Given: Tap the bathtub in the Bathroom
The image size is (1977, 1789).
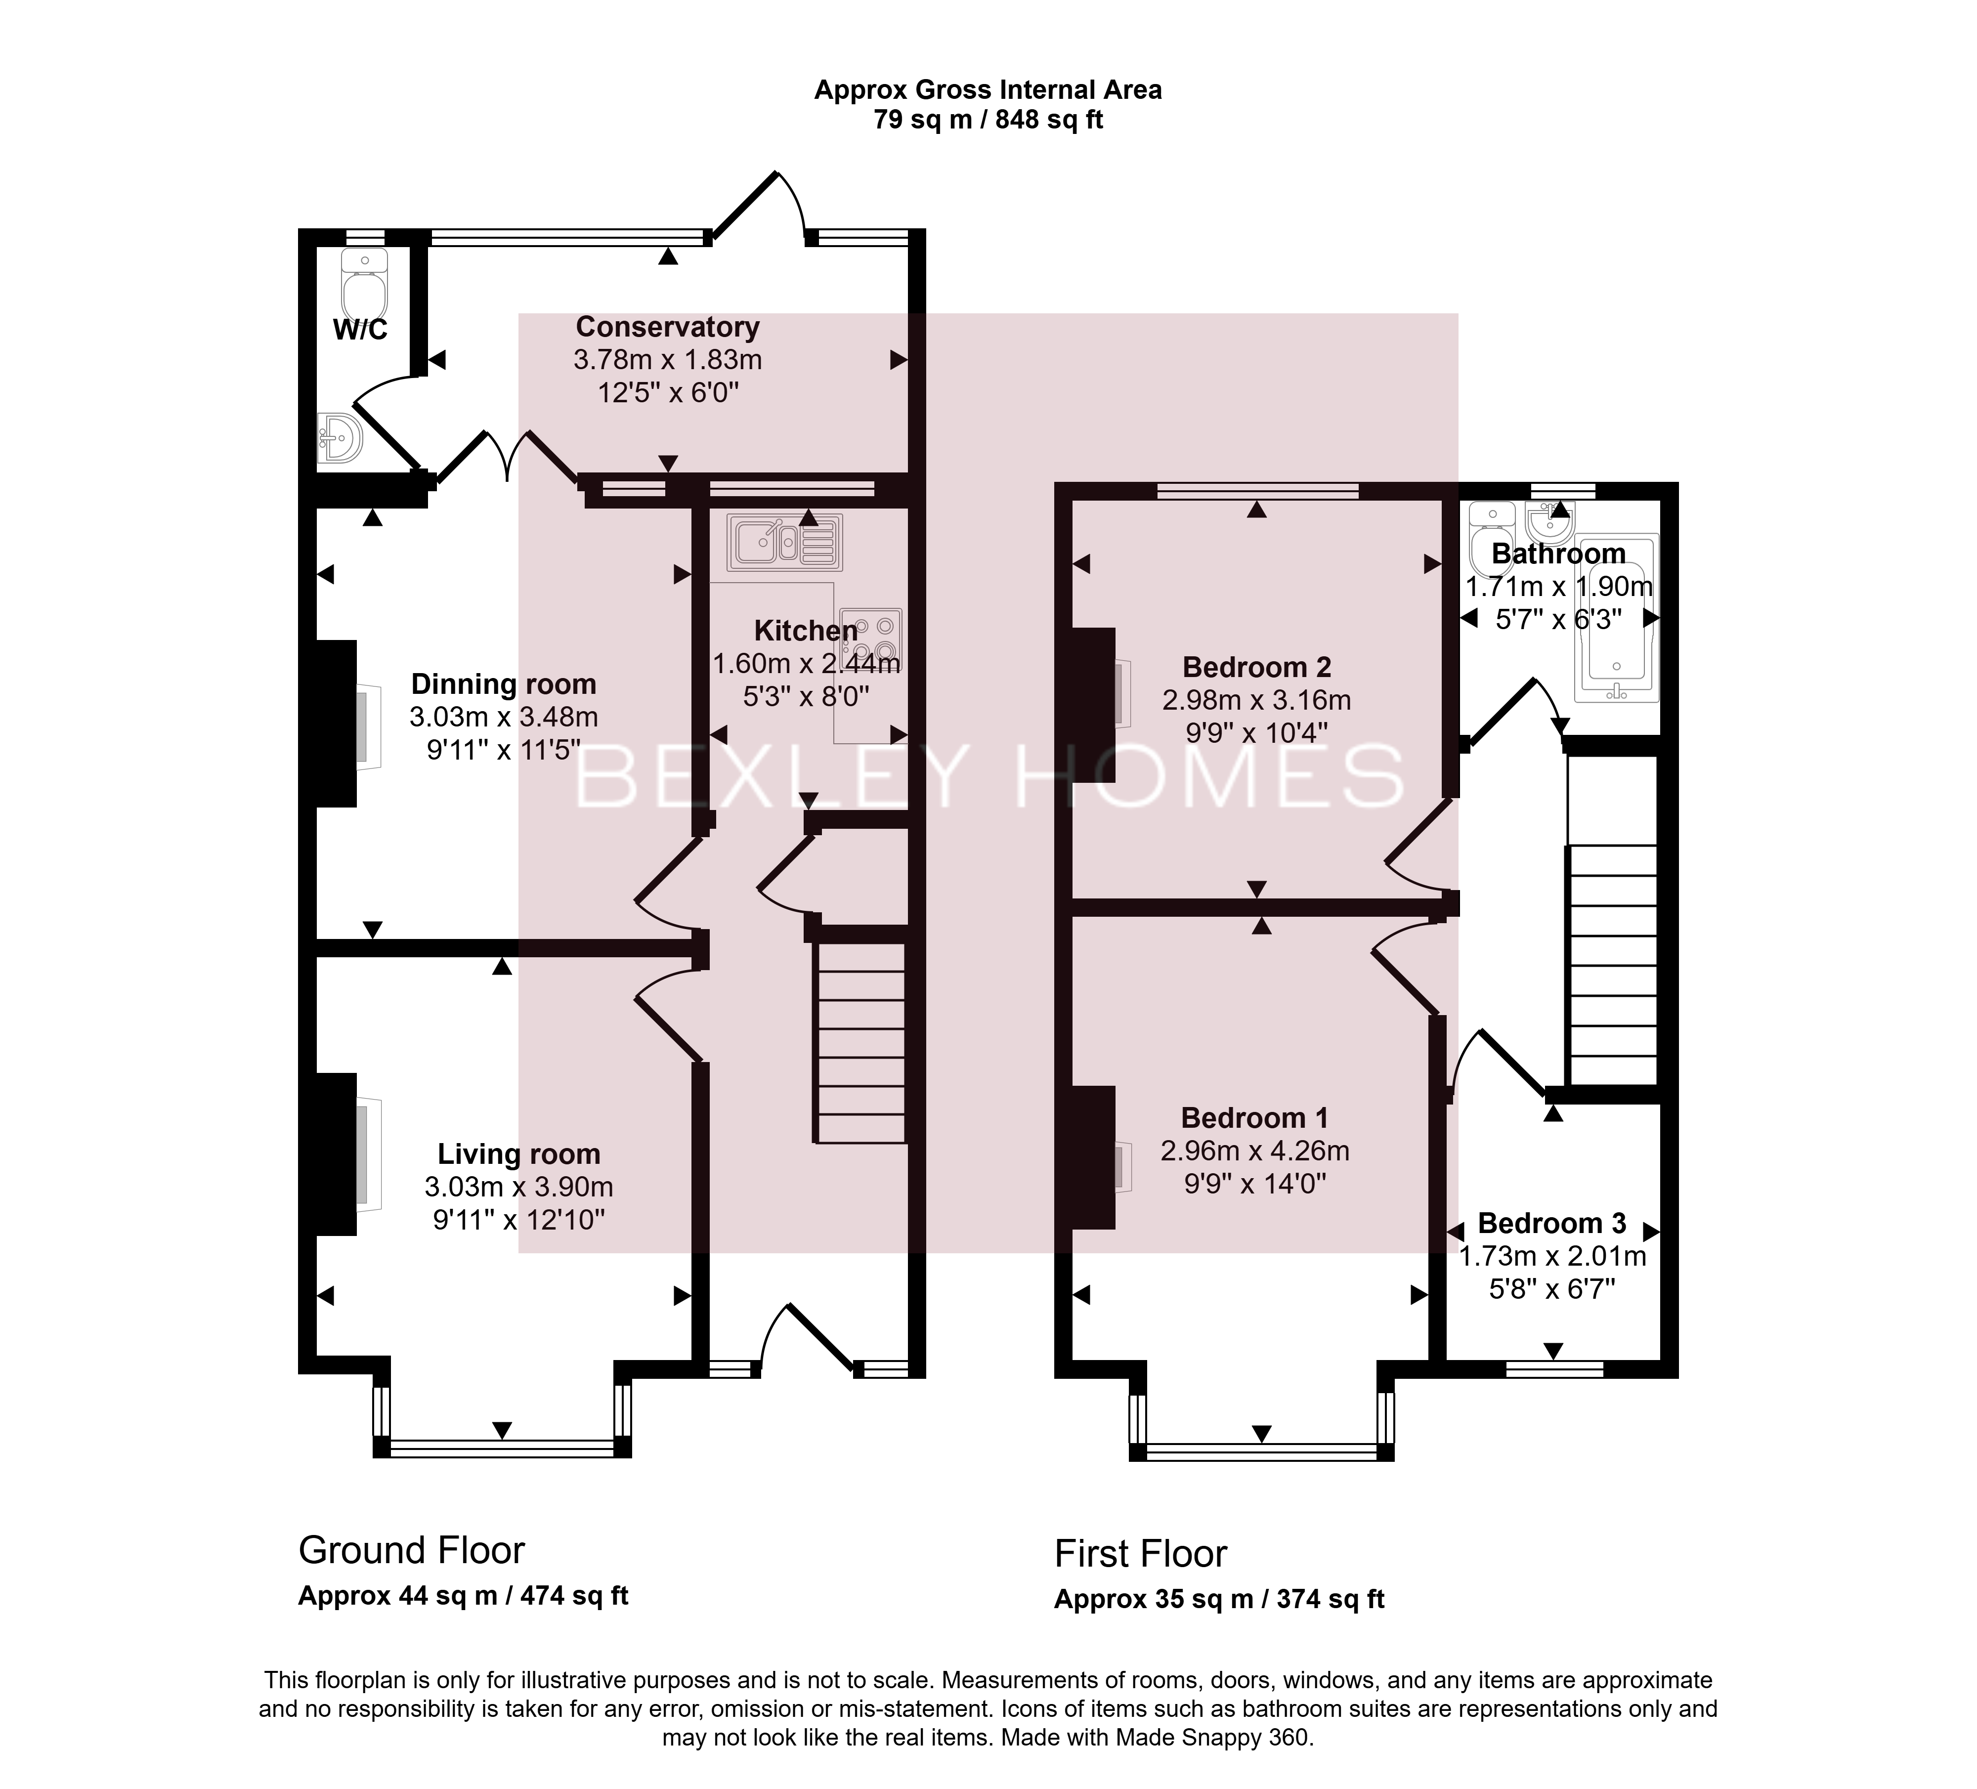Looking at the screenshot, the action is (1616, 618).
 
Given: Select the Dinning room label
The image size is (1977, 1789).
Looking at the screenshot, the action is (503, 683).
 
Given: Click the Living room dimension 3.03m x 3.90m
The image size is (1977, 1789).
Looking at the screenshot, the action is (519, 1187).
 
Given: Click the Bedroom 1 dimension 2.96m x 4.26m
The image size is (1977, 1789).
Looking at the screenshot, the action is (1255, 1150).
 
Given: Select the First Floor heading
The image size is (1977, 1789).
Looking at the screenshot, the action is (1141, 1554).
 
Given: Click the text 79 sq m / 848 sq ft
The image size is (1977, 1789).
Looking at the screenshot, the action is (988, 120).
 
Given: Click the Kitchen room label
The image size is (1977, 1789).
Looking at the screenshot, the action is (806, 631).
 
